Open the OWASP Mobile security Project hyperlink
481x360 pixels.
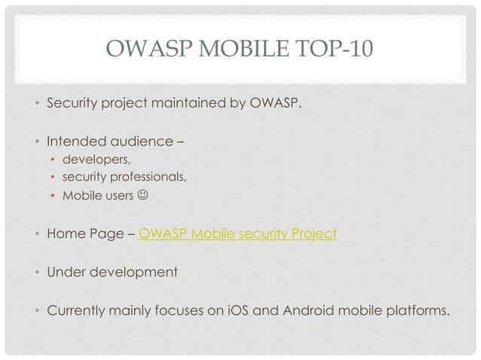(238, 233)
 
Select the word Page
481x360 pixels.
(109, 233)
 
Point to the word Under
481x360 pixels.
(67, 269)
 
